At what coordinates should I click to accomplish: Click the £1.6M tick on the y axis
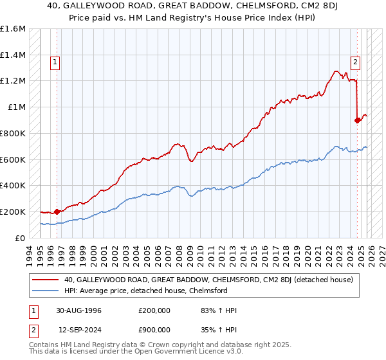[13, 29]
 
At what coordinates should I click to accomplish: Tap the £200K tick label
[13, 212]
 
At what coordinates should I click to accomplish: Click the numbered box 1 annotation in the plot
[56, 62]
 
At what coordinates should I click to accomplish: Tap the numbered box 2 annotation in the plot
[355, 62]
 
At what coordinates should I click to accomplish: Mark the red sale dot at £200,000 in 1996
[57, 211]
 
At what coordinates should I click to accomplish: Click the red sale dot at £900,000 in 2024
[358, 120]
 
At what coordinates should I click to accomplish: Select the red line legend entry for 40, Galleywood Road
[208, 280]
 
